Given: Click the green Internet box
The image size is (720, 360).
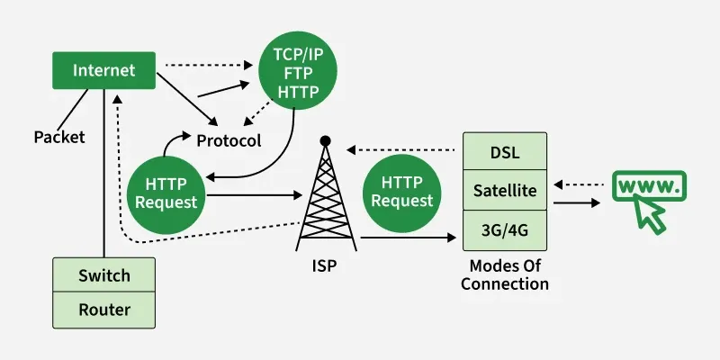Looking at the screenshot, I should click(x=104, y=70).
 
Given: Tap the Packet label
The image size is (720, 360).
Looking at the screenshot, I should click(x=59, y=137).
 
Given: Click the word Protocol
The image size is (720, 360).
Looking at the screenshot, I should click(x=229, y=140).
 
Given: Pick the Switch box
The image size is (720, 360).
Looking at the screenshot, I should click(x=104, y=275).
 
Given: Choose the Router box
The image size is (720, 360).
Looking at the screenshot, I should click(x=104, y=310).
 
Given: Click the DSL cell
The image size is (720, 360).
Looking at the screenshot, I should click(x=505, y=151).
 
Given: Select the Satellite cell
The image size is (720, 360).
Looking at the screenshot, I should click(x=505, y=191).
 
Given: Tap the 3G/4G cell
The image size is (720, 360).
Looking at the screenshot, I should click(x=505, y=229).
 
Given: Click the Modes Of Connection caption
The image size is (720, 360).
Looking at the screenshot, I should click(x=505, y=275).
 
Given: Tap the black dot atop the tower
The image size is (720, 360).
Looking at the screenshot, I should click(x=325, y=140).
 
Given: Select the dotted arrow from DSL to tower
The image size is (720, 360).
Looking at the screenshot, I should click(x=405, y=149).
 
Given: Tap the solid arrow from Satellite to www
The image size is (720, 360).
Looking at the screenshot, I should click(x=576, y=202).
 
